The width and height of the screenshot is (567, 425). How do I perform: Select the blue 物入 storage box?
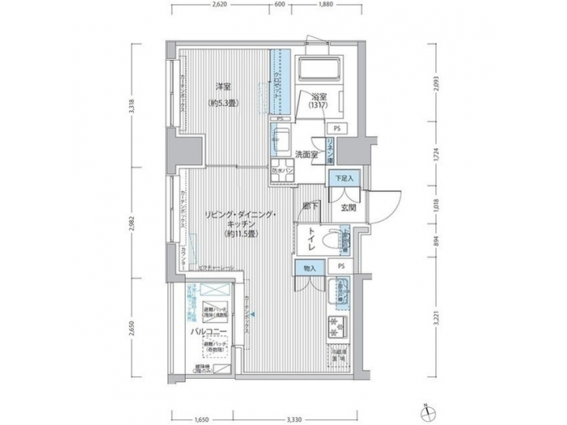(x=309, y=268)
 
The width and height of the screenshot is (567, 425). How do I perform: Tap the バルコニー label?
(x=209, y=332)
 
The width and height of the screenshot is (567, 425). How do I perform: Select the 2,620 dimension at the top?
(x=220, y=6)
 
